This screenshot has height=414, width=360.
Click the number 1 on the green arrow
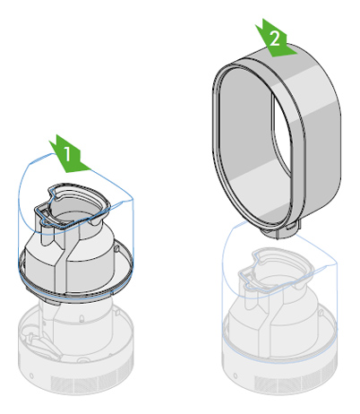[66, 154]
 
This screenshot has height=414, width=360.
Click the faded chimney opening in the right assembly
[278, 270]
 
